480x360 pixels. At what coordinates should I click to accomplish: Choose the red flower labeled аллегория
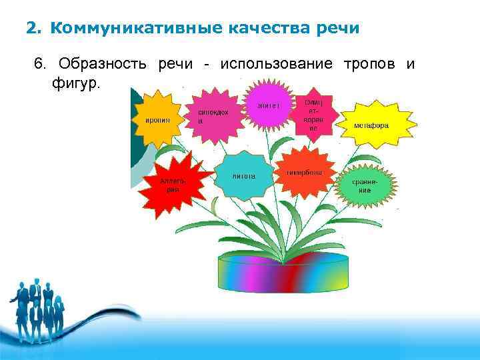(x=173, y=183)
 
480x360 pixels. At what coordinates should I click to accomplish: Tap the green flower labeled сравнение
(x=365, y=185)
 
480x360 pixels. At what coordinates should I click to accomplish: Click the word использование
(x=277, y=64)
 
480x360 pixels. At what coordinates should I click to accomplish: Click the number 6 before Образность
(x=39, y=64)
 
